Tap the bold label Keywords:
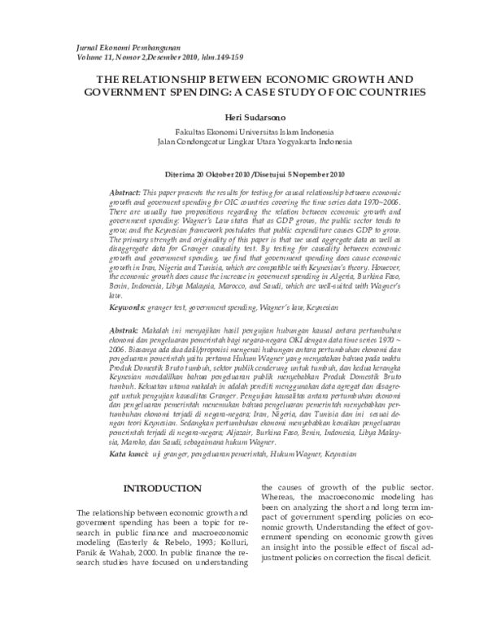(x=128, y=285)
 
